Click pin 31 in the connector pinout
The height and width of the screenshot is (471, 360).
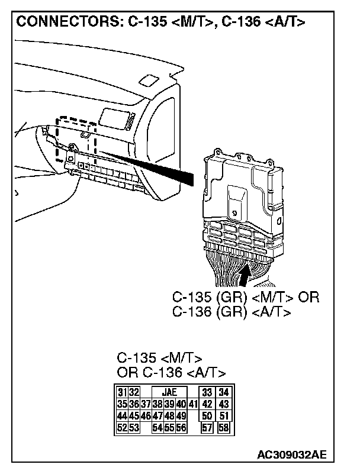coord(121,392)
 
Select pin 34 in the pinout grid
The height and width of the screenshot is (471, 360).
coord(223,392)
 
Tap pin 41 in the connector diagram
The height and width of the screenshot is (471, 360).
coord(193,404)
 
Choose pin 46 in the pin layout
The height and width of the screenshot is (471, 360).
coord(145,416)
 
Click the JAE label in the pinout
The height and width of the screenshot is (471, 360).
coord(169,392)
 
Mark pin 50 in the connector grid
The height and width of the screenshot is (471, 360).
coord(207,416)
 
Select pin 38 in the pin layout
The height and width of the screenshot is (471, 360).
coord(157,404)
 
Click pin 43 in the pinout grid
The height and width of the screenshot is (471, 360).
coord(223,404)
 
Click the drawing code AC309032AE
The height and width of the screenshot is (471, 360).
coord(292,455)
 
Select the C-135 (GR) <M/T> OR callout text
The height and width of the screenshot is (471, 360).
coord(245,297)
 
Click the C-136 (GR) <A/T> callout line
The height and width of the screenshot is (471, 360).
coord(231,312)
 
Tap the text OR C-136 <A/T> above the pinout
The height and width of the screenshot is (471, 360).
coord(171,373)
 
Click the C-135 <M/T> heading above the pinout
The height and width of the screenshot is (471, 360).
coord(159,359)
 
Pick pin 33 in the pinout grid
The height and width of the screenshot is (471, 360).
coord(207,392)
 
